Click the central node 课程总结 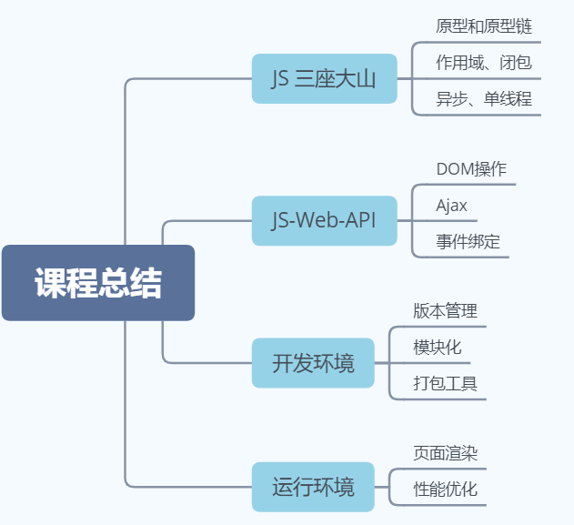[x=98, y=283]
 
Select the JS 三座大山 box [x=324, y=79]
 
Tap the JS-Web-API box [x=324, y=220]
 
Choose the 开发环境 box [x=313, y=362]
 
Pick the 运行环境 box [x=313, y=487]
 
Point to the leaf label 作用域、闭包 [x=484, y=63]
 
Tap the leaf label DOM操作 [x=471, y=168]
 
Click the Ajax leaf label [x=452, y=206]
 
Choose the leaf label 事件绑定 [x=468, y=242]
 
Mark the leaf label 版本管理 [x=445, y=311]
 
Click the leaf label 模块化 [x=438, y=347]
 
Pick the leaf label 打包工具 [x=445, y=383]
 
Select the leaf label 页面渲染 [x=445, y=452]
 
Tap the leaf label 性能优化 [x=445, y=489]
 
